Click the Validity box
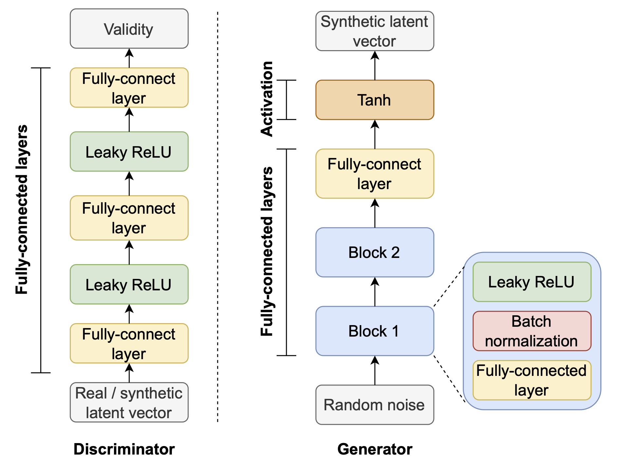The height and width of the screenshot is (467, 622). (x=129, y=29)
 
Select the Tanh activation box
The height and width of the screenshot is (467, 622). (x=375, y=100)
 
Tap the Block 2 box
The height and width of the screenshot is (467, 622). (x=375, y=252)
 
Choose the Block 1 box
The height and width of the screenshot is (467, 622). (x=375, y=331)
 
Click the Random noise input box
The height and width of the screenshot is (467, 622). (x=375, y=405)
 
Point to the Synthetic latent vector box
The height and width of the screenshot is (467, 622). (x=375, y=31)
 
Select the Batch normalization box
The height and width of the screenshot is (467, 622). (x=532, y=331)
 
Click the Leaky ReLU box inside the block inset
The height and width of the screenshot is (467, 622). (x=532, y=282)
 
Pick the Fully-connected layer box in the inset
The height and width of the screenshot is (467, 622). (x=532, y=380)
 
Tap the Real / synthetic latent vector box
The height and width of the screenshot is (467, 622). (x=129, y=402)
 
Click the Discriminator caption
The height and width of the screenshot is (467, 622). (x=124, y=449)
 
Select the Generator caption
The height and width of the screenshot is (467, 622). (x=375, y=449)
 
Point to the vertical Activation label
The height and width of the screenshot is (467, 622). (x=267, y=99)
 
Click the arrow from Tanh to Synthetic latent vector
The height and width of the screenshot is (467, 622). (x=375, y=66)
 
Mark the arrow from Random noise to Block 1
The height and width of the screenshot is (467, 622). (x=375, y=370)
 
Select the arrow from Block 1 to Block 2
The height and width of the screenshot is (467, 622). (x=375, y=292)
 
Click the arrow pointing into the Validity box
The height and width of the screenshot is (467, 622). (x=129, y=58)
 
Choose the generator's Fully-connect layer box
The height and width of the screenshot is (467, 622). (x=375, y=174)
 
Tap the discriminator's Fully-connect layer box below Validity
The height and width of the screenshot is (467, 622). (x=129, y=88)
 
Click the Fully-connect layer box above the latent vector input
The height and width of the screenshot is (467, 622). (x=129, y=343)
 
